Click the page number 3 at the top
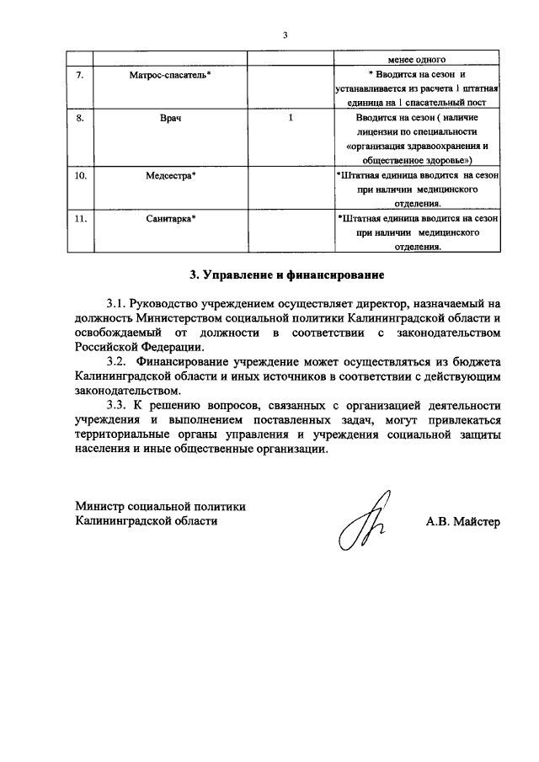(285, 35)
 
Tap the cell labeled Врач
(171, 119)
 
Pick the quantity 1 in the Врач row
(291, 119)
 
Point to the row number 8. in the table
(80, 119)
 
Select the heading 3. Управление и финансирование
(285, 274)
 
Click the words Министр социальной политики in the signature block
(160, 507)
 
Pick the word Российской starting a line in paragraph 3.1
(106, 347)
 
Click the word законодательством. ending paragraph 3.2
(126, 392)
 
